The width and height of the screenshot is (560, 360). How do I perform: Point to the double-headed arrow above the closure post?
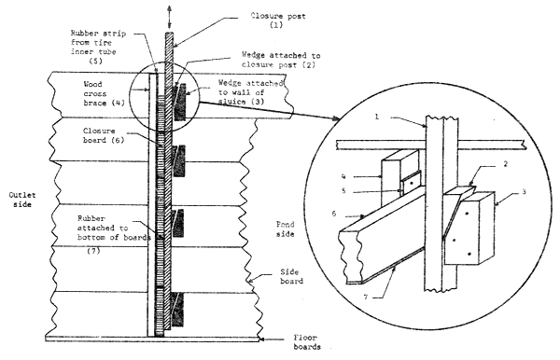pyautogui.click(x=169, y=9)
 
